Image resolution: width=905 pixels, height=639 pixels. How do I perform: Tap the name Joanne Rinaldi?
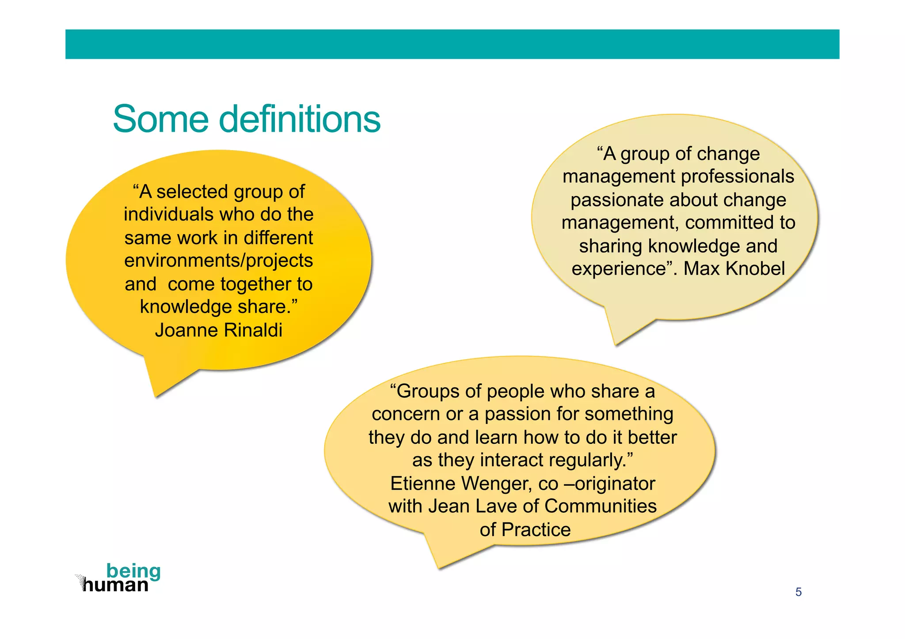(218, 330)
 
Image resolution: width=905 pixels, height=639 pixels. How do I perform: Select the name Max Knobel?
(734, 268)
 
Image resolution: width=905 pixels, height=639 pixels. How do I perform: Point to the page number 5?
(798, 592)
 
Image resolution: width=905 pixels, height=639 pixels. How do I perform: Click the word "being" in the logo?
(133, 571)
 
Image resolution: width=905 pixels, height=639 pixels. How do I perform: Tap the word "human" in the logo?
(116, 586)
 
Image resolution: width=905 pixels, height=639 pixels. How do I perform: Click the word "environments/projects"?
(218, 261)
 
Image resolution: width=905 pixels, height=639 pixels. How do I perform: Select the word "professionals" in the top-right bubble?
(738, 177)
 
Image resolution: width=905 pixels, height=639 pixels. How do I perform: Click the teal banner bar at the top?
(452, 44)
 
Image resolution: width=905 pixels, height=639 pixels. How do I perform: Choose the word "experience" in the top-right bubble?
(619, 268)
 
